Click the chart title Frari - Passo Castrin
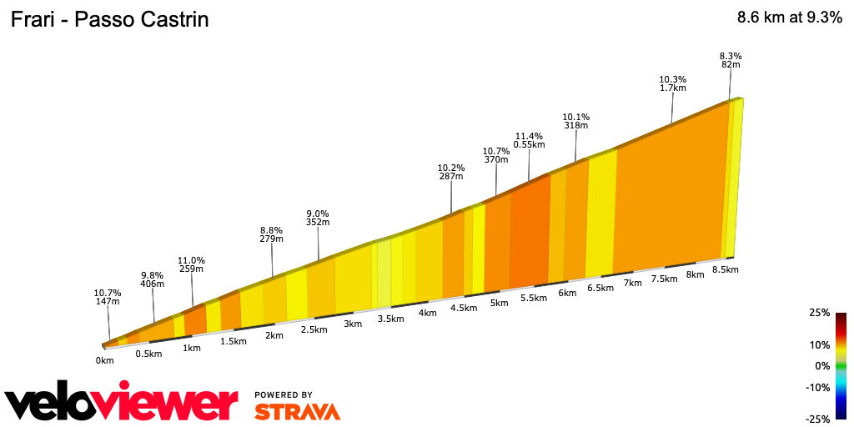click(109, 20)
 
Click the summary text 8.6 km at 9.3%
click(789, 18)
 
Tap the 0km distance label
click(104, 360)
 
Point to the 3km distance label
click(353, 324)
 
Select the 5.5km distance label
click(533, 298)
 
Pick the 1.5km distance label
click(234, 341)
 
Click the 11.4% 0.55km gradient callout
click(529, 140)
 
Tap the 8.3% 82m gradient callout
click(730, 59)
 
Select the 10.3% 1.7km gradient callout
click(672, 83)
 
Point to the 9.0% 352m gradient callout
click(318, 218)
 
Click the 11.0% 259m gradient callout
click(191, 264)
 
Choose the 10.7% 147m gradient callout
click(108, 297)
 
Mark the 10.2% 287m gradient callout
click(451, 172)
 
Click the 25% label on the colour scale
click(821, 313)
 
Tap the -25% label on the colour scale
click(819, 419)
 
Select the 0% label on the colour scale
click(823, 365)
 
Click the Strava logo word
click(297, 411)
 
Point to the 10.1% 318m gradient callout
click(575, 122)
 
